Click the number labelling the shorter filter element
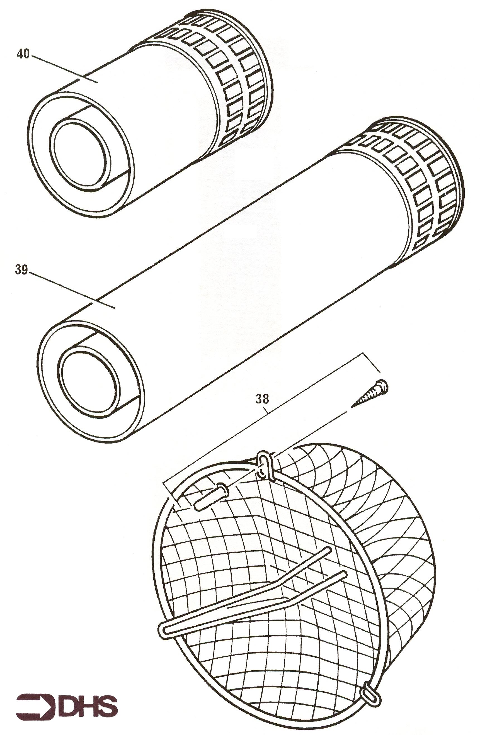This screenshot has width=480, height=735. point(23,54)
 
